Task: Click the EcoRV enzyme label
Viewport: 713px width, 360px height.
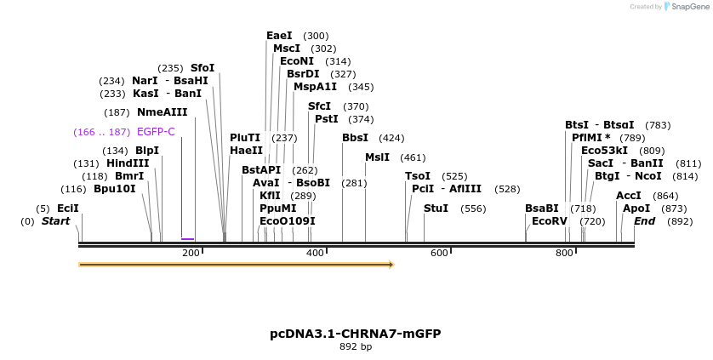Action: pyautogui.click(x=549, y=221)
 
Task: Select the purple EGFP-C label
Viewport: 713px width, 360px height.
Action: pyautogui.click(x=156, y=132)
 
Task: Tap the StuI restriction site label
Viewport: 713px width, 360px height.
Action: pyautogui.click(x=436, y=209)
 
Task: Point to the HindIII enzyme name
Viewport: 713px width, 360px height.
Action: pyautogui.click(x=128, y=163)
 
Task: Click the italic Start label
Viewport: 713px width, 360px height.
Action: pyautogui.click(x=55, y=221)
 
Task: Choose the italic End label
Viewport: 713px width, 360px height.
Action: pyautogui.click(x=645, y=221)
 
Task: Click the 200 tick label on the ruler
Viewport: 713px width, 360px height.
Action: pyautogui.click(x=191, y=253)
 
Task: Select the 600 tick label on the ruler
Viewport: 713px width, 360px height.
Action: pyautogui.click(x=439, y=253)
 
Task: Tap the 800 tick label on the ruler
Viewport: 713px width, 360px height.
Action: pyautogui.click(x=564, y=253)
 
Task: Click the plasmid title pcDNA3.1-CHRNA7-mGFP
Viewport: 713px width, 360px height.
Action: pyautogui.click(x=356, y=334)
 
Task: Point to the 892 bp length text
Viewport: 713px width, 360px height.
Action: pyautogui.click(x=356, y=347)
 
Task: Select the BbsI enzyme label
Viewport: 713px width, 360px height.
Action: pyautogui.click(x=355, y=138)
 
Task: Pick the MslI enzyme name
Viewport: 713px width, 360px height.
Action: pyautogui.click(x=377, y=157)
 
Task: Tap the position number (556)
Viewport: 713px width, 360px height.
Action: pyautogui.click(x=473, y=209)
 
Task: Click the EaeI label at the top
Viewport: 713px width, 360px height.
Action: pyautogui.click(x=279, y=36)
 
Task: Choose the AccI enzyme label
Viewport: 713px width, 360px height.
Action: pyautogui.click(x=629, y=196)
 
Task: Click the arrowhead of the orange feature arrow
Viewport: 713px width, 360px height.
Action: pyautogui.click(x=391, y=265)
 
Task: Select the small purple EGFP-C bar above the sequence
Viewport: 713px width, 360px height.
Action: pyautogui.click(x=188, y=239)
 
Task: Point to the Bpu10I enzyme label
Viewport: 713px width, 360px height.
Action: pyautogui.click(x=115, y=189)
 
